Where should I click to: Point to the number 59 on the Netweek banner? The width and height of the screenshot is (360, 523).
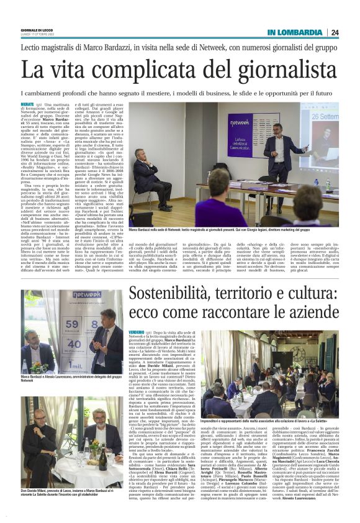click(73, 323)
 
